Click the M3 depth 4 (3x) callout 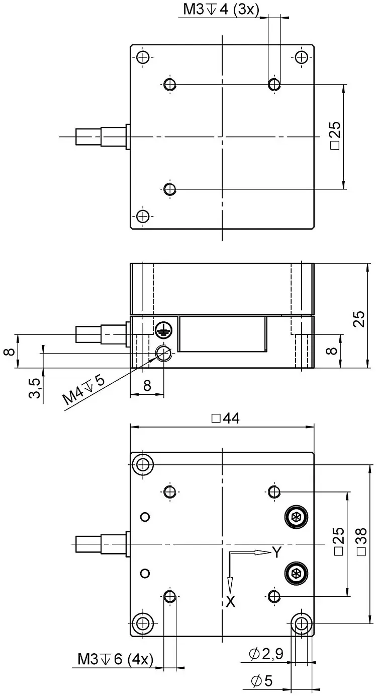(x=221, y=10)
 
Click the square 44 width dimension (x=225, y=419)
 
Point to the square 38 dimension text (x=362, y=541)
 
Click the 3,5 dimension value (x=35, y=388)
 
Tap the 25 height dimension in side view (x=359, y=318)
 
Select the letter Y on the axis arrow (x=276, y=552)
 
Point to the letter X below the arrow (x=231, y=602)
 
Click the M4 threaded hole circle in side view (x=163, y=353)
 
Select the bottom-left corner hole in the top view (x=143, y=216)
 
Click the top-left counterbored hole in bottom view (x=143, y=465)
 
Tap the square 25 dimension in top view (x=336, y=136)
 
